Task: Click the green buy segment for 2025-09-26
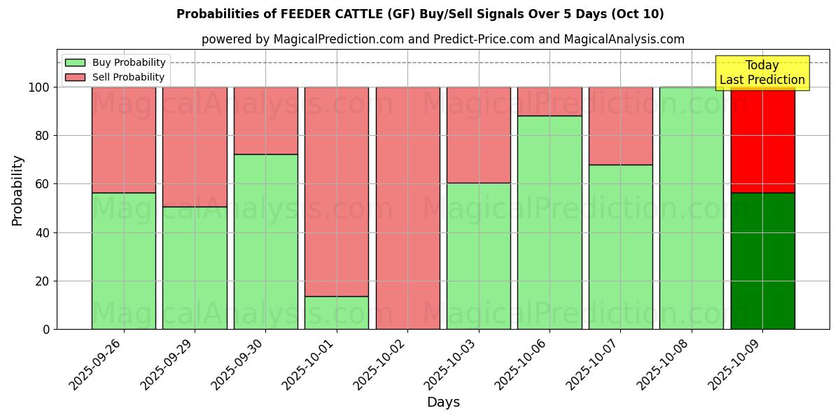click(x=124, y=260)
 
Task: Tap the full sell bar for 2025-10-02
click(x=407, y=208)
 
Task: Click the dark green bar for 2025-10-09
click(x=762, y=260)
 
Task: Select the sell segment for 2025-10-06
click(x=549, y=101)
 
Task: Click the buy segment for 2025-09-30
click(x=265, y=241)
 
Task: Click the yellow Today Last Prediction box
click(x=762, y=73)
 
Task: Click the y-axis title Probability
click(x=17, y=190)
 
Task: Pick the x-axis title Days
click(x=443, y=402)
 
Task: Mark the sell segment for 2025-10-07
click(x=620, y=126)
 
